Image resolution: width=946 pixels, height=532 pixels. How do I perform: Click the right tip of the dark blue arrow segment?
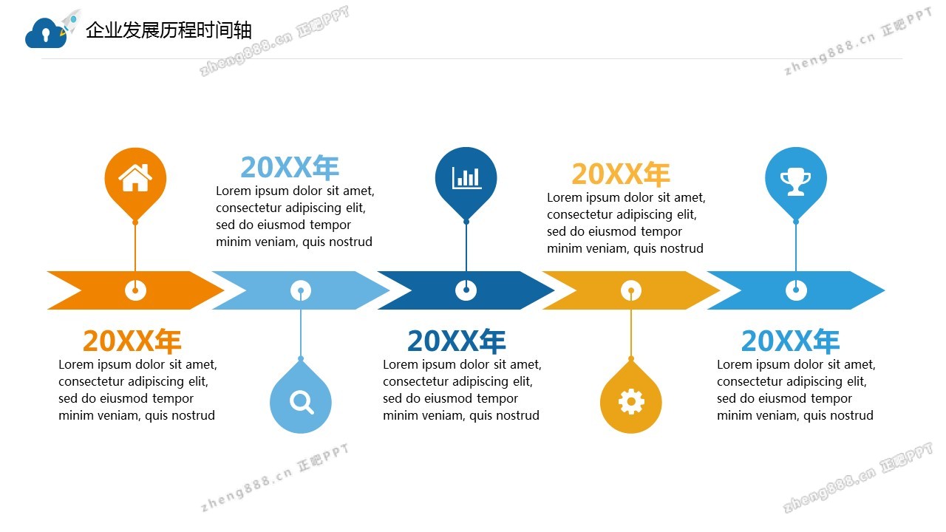click(x=554, y=290)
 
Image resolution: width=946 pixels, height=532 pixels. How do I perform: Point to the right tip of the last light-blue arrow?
click(x=885, y=290)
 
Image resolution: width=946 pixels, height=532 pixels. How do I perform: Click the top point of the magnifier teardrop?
click(x=301, y=358)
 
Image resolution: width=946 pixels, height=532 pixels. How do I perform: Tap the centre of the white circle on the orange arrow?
click(x=135, y=290)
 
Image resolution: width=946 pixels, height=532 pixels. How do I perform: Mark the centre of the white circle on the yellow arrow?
click(x=631, y=290)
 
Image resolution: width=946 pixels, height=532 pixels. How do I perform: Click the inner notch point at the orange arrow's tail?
click(x=81, y=290)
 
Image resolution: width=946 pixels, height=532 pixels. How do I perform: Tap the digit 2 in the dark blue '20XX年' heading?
click(x=416, y=341)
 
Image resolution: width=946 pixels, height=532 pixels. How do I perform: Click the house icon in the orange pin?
click(x=135, y=178)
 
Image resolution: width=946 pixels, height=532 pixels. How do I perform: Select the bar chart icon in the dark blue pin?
click(x=466, y=178)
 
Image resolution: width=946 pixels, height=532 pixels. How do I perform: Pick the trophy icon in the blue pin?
click(x=796, y=182)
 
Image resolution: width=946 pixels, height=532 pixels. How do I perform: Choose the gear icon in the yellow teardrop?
click(x=631, y=401)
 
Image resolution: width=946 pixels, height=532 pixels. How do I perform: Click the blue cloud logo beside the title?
click(x=46, y=33)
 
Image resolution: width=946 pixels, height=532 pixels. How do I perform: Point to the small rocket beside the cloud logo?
click(x=70, y=22)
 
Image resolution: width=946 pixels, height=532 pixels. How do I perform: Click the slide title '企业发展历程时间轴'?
click(x=169, y=30)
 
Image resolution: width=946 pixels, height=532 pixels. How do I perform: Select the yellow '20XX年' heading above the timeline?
click(x=621, y=174)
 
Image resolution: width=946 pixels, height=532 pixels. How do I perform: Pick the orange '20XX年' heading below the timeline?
click(x=132, y=341)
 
